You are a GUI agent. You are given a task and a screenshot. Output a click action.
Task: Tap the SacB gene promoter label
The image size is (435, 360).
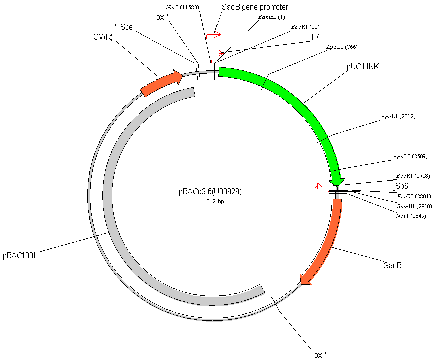click(255, 7)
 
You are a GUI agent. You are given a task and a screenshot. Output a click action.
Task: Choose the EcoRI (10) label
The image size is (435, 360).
click(305, 27)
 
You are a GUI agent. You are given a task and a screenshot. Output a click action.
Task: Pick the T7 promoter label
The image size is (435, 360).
click(314, 37)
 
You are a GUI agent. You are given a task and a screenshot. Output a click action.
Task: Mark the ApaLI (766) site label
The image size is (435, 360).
click(342, 47)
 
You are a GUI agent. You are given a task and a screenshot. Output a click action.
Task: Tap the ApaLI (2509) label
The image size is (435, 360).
click(410, 156)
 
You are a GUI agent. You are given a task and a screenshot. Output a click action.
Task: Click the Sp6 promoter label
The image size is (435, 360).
click(402, 186)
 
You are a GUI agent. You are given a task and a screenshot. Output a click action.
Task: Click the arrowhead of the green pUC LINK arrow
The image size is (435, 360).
click(338, 179)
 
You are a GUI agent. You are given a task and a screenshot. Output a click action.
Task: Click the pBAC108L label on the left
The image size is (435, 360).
click(21, 255)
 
